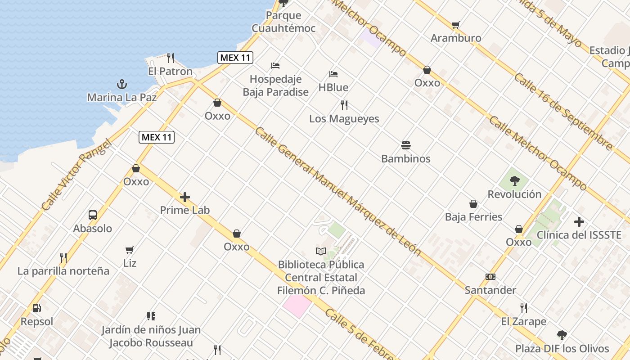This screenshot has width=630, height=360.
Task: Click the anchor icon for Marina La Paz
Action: tap(121, 84)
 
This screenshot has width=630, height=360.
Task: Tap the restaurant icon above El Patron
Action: tap(171, 58)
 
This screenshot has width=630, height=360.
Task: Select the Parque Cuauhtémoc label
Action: tap(283, 22)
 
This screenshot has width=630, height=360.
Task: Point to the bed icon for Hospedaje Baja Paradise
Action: tap(275, 66)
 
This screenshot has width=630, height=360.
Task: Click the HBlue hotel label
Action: tap(333, 87)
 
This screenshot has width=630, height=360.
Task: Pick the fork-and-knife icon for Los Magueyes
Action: tap(344, 105)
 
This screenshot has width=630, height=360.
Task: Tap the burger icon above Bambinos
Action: tap(406, 145)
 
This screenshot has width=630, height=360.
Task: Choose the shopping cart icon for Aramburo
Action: tap(456, 25)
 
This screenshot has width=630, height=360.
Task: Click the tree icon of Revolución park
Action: tap(514, 181)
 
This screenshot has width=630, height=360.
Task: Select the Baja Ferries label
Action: tap(473, 217)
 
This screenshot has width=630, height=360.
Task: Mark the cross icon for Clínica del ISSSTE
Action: tap(579, 221)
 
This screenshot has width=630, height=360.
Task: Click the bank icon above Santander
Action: tap(490, 277)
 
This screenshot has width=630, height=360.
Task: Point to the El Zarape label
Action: tap(524, 321)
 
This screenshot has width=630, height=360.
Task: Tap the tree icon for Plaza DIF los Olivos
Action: tap(562, 335)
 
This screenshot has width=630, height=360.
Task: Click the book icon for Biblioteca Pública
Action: tap(320, 251)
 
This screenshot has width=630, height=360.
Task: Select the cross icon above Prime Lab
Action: tap(185, 197)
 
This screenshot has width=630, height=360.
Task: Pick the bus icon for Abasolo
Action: tap(93, 215)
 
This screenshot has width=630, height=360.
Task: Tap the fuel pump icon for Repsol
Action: tap(37, 308)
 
